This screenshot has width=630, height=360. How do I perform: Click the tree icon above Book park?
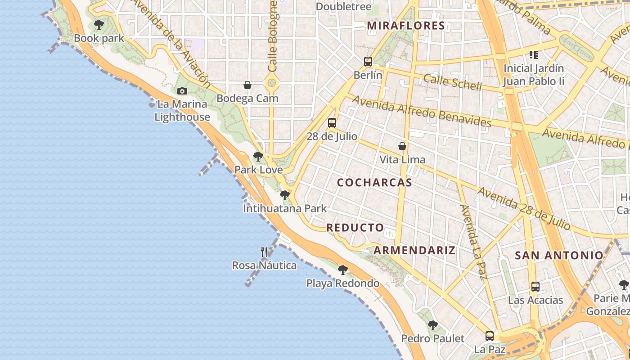click(99, 25)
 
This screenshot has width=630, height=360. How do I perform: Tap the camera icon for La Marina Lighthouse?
click(182, 91)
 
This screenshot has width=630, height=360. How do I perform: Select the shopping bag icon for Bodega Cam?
click(247, 85)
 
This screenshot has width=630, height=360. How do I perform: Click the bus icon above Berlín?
click(368, 62)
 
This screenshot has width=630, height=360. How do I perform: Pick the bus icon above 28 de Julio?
click(332, 122)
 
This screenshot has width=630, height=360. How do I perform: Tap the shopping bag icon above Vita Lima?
click(402, 146)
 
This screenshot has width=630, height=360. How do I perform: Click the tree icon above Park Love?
click(258, 157)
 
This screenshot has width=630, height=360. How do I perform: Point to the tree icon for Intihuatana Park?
click(284, 195)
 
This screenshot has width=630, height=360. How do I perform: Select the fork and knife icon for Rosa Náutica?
click(264, 252)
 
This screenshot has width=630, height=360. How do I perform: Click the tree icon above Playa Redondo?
click(342, 270)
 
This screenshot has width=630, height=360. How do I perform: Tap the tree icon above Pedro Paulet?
click(432, 325)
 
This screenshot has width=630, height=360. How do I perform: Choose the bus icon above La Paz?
click(489, 336)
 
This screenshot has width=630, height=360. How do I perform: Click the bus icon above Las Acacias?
click(535, 287)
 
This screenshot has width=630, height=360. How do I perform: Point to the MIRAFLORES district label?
click(406, 26)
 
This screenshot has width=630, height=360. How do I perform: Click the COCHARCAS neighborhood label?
click(374, 182)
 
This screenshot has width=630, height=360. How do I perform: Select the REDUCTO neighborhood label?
click(355, 228)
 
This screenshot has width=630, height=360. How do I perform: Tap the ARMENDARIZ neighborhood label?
click(414, 250)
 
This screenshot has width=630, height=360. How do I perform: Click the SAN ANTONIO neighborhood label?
click(559, 256)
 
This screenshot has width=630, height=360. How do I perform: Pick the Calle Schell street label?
click(452, 82)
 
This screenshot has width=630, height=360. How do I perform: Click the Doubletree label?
click(344, 7)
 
